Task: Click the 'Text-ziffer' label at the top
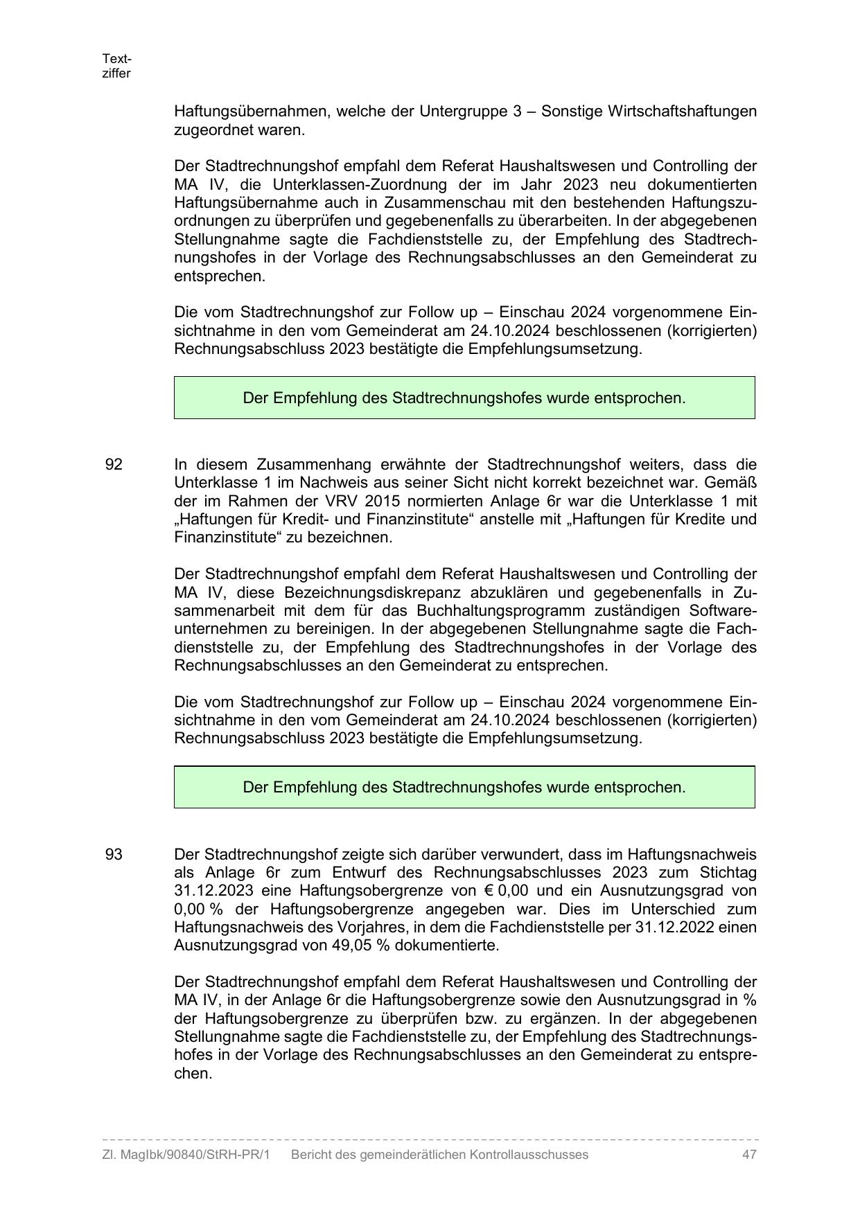(116, 66)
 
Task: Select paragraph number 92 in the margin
(114, 464)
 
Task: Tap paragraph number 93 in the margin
(114, 854)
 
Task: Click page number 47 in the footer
(748, 1155)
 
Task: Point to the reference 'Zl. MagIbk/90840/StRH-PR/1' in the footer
(186, 1155)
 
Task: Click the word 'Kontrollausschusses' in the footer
(529, 1155)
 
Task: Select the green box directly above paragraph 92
(464, 398)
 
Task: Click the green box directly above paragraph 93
(464, 787)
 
